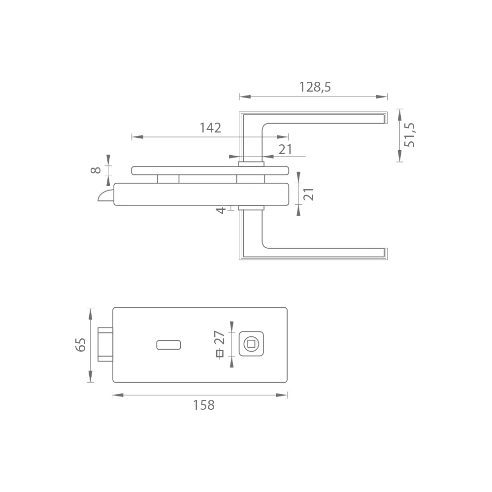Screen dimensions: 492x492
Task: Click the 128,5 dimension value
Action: tap(315, 87)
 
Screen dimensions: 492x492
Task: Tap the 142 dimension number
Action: tap(211, 128)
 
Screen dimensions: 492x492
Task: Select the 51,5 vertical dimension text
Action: tap(409, 135)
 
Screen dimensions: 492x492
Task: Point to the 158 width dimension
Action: tap(203, 405)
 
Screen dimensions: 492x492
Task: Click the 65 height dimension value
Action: tap(80, 345)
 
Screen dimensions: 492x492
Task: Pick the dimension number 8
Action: tap(96, 170)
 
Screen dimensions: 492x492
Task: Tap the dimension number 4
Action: tap(221, 210)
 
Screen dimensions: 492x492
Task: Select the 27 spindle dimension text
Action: tap(219, 338)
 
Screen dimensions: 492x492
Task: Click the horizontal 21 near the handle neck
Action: tap(285, 150)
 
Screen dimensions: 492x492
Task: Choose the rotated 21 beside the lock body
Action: tap(309, 194)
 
